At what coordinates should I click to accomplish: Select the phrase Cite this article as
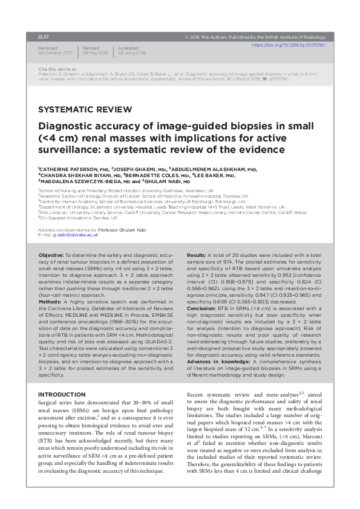point(55,70)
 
